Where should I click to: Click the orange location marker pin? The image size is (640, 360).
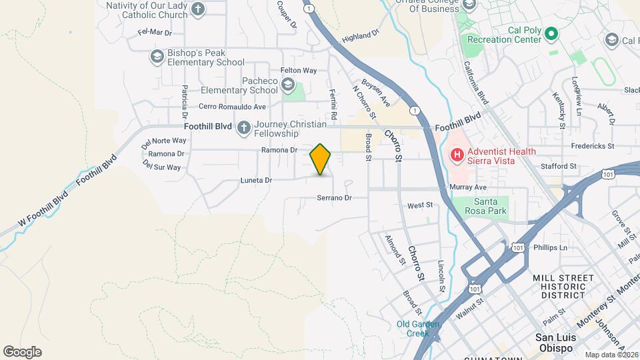click(321, 159)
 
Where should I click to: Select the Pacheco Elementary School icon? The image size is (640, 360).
click(287, 85)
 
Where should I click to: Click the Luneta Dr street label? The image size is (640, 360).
click(257, 180)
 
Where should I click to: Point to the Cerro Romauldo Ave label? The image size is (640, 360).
click(232, 106)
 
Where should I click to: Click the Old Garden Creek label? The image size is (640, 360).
click(418, 329)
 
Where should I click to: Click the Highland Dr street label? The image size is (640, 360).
click(360, 35)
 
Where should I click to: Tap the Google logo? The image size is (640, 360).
click(22, 351)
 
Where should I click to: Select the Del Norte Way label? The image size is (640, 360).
click(164, 141)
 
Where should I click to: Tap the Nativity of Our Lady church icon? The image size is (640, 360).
click(197, 9)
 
